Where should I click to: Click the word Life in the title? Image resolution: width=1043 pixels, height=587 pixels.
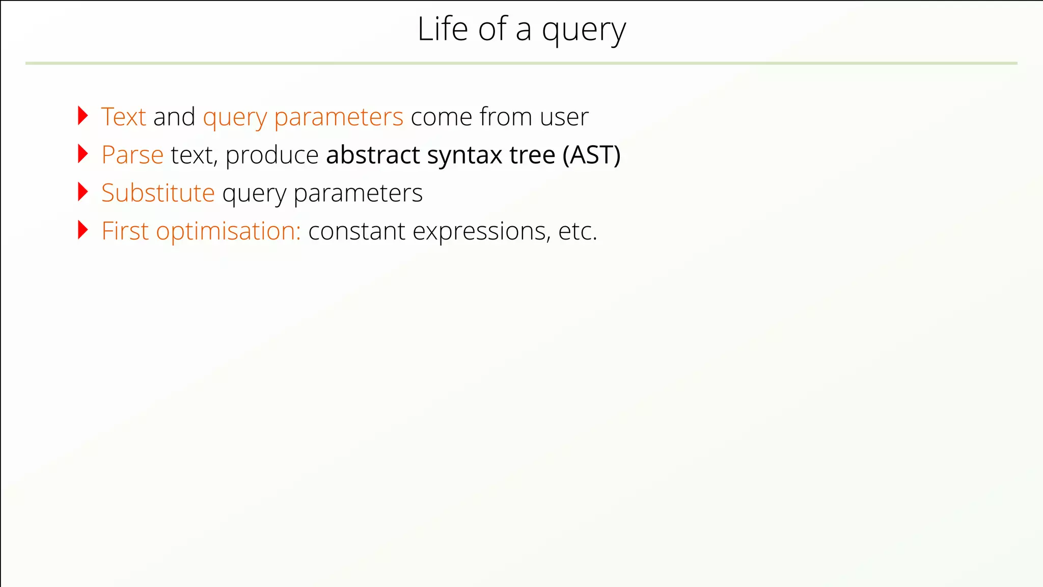point(442,29)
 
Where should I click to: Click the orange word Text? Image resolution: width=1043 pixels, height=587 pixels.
point(124,117)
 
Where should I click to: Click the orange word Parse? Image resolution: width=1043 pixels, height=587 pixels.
point(132,155)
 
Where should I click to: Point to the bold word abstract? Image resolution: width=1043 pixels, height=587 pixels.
point(373,155)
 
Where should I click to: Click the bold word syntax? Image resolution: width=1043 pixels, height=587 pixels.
point(464,156)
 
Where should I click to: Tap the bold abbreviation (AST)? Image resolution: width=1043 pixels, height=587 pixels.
point(591,155)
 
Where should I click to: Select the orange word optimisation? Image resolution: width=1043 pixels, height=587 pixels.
point(228,232)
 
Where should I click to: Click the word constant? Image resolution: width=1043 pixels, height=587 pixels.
point(356,231)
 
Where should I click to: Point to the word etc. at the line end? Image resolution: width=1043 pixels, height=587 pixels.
point(578,231)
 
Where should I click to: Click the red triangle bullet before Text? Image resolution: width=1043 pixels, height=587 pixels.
point(83,116)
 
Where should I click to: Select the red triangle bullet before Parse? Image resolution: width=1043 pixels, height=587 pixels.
point(83,154)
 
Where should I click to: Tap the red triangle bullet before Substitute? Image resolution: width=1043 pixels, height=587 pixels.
point(83,192)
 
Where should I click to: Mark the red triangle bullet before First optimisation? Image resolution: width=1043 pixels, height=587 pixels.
point(83,230)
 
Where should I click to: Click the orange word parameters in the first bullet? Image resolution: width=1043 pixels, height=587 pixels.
point(338,118)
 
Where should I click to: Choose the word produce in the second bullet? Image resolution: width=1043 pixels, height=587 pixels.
point(272,156)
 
